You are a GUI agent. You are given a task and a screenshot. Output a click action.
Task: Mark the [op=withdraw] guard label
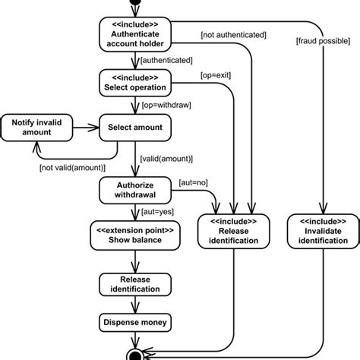pos(165,106)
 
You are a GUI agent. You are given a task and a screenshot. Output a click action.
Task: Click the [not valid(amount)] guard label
pos(71,167)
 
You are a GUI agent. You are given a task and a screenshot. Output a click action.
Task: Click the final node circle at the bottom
pos(137,354)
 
